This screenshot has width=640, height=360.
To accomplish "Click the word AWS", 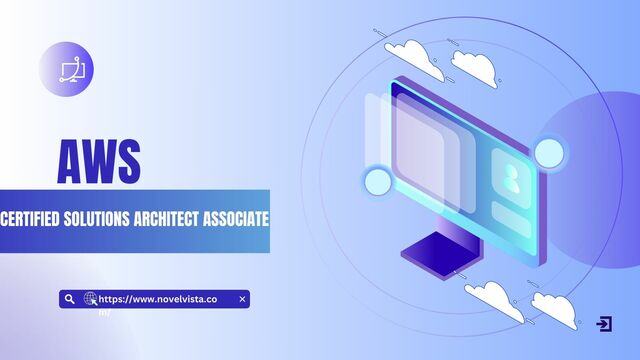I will coord(98,161).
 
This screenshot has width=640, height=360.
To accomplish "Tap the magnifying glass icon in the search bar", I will coord(69,298).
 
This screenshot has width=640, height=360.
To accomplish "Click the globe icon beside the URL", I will coord(90,298).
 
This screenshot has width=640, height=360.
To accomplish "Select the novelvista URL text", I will coord(160,299).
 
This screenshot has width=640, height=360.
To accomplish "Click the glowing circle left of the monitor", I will coord(377,181).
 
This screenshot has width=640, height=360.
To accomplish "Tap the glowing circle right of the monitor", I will coord(549,152).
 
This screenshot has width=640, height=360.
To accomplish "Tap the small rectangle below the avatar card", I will coord(511,220).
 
